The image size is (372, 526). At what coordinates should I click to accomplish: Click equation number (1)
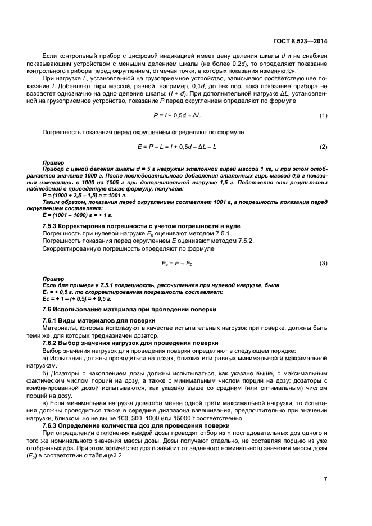[x=323, y=116]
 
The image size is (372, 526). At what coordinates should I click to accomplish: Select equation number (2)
[x=323, y=147]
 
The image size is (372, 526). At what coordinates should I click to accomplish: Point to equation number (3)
[x=323, y=263]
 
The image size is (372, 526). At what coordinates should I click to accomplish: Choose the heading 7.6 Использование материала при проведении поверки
[x=129, y=309]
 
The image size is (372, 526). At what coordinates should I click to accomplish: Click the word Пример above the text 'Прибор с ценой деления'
[x=54, y=162]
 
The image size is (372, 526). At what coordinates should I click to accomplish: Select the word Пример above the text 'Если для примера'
[x=54, y=279]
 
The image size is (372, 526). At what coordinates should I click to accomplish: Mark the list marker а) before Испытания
[x=46, y=358]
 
